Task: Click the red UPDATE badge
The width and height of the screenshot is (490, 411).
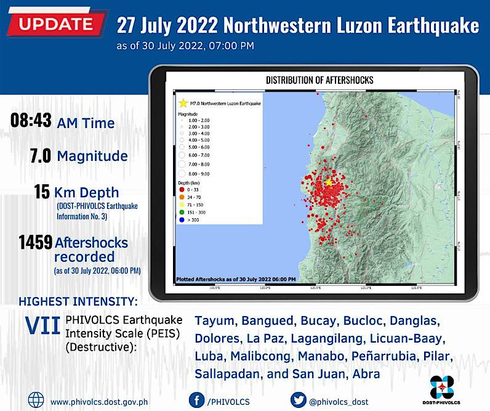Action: [56, 25]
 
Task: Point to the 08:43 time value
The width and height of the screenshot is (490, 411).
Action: [30, 121]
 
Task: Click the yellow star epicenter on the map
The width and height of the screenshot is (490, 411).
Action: [329, 182]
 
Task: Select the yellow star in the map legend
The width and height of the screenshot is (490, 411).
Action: [182, 105]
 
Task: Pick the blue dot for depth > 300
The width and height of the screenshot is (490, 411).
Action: [182, 219]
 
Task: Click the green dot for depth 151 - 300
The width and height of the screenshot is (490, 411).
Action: [182, 211]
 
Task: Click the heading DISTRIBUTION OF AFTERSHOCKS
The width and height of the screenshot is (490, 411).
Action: [319, 80]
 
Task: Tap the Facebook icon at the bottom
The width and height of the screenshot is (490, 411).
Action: [195, 401]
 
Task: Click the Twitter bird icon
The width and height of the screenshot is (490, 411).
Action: [297, 401]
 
